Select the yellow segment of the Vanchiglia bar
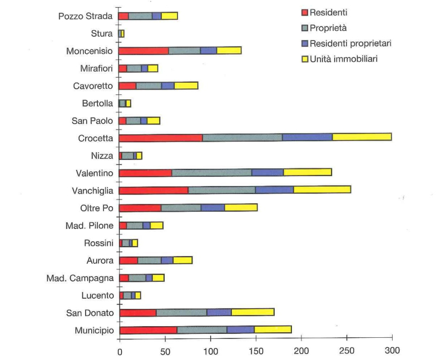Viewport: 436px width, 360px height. tap(322, 189)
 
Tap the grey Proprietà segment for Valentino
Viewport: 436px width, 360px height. tap(211, 172)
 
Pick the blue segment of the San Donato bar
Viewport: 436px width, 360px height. tap(219, 312)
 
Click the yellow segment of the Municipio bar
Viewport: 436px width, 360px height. tap(272, 329)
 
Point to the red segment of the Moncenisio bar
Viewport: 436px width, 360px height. tap(143, 51)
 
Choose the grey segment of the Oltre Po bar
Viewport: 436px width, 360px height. tap(181, 207)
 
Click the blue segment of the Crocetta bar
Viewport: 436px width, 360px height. tap(307, 137)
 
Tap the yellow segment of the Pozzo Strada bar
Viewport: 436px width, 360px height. tap(169, 16)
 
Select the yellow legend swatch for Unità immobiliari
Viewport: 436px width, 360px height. tap(304, 58)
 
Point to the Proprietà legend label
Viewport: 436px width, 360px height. tap(330, 27)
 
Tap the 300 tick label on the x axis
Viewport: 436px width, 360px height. tap(392, 351)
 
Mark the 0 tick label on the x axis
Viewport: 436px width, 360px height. tap(120, 351)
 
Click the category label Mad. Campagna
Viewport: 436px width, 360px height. tap(80, 277)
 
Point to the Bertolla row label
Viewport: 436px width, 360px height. tap(97, 103)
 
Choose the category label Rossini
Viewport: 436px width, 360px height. tap(99, 242)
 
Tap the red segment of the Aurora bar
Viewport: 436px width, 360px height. tap(128, 260)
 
